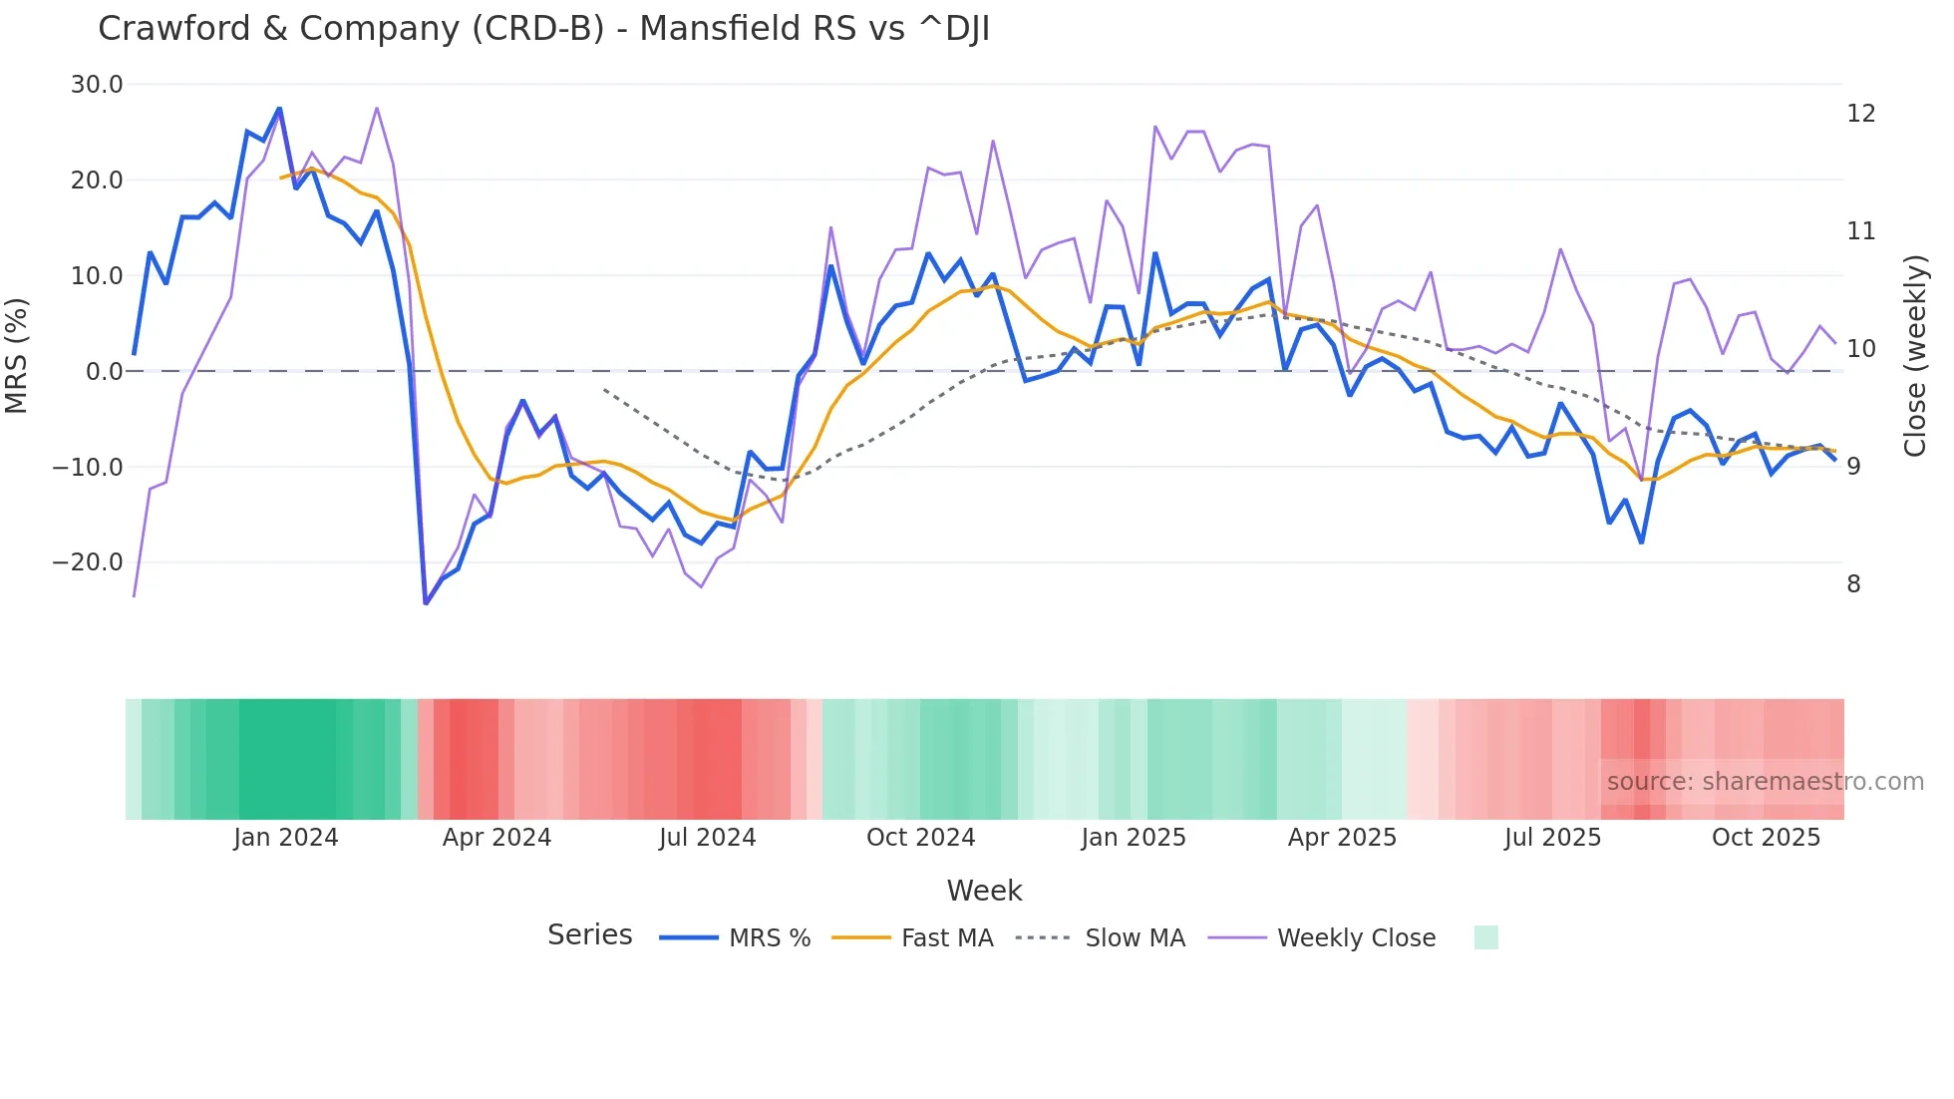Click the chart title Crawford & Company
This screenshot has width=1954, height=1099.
coord(543,29)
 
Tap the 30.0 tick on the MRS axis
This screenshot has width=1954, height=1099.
coord(97,85)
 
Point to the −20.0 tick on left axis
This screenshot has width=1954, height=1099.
coord(88,562)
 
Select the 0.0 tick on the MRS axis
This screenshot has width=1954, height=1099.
coord(104,372)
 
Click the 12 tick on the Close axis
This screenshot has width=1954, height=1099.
coord(1860,114)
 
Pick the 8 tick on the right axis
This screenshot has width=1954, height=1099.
coord(1853,584)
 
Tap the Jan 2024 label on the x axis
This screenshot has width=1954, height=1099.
coord(286,838)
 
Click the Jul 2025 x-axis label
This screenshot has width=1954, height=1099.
coord(1552,838)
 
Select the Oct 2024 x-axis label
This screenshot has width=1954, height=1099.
coord(920,838)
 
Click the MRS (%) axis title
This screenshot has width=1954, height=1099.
coord(17,356)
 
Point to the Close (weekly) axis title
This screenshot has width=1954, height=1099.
coord(1915,356)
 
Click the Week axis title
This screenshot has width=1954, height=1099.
coord(984,891)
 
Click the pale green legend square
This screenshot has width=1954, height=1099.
coord(1485,938)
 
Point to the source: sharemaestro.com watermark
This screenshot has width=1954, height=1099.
coord(1765,782)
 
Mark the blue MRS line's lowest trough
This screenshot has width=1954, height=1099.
coord(426,602)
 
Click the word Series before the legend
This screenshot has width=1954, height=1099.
coord(589,935)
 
